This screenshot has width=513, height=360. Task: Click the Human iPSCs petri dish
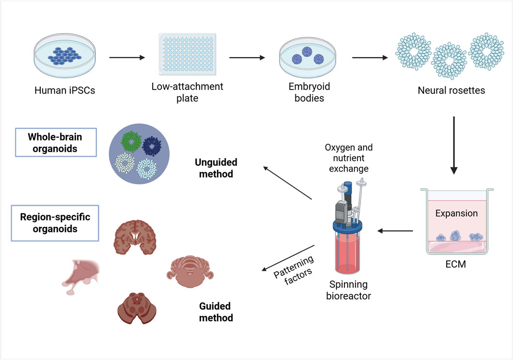click(x=65, y=55)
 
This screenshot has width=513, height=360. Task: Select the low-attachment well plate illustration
click(x=187, y=54)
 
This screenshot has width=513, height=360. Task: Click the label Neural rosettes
click(x=451, y=90)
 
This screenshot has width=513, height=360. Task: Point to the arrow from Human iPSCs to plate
click(x=127, y=58)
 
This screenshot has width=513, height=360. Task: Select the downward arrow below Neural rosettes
click(x=454, y=145)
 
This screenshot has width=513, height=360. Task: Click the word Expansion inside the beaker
click(x=456, y=213)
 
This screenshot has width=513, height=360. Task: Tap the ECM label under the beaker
click(x=456, y=264)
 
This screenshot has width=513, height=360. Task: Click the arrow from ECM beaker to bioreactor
click(x=395, y=231)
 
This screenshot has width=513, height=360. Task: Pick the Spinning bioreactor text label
click(x=348, y=290)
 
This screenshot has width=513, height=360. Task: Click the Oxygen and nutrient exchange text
click(x=349, y=158)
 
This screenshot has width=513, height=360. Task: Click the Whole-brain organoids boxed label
click(x=56, y=142)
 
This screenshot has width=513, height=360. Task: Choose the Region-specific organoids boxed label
click(x=55, y=223)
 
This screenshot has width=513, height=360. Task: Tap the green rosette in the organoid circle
click(x=131, y=141)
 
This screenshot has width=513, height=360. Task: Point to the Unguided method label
click(x=216, y=168)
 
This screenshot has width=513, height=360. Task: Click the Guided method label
click(x=216, y=312)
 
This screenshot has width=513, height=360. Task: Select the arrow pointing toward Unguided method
click(x=288, y=183)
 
